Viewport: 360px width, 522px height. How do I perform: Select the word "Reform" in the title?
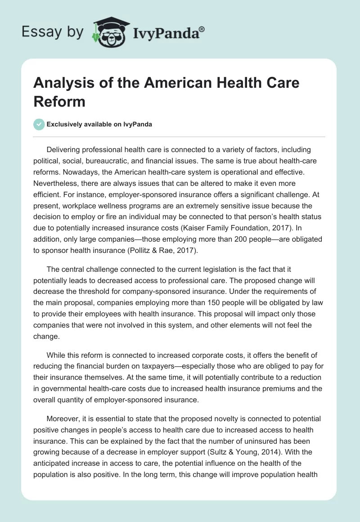click(x=59, y=101)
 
